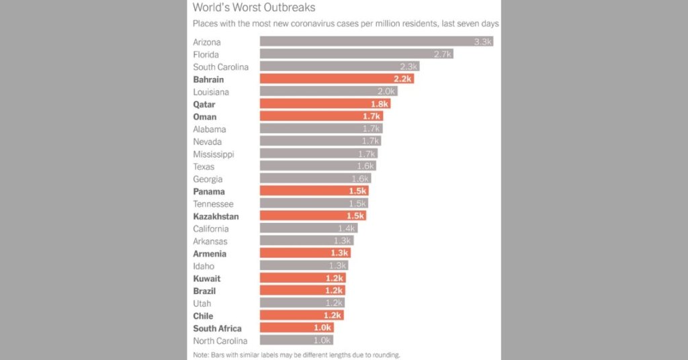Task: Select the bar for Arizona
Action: (x=376, y=42)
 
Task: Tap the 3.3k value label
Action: (x=483, y=42)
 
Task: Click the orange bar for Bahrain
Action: (x=336, y=79)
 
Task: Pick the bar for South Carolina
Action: (x=339, y=66)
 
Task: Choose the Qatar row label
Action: (x=204, y=105)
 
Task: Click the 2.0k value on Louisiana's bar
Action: (x=386, y=92)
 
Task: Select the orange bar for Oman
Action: (x=321, y=117)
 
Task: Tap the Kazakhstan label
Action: (x=216, y=216)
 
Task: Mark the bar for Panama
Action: (x=314, y=191)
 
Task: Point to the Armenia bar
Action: (x=305, y=254)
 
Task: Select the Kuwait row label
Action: (x=206, y=279)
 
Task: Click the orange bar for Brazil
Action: (x=302, y=291)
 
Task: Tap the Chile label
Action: (x=203, y=316)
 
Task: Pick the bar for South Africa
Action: (x=296, y=328)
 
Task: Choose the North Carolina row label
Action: (x=220, y=341)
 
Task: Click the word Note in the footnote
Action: (x=201, y=355)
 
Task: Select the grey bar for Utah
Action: (x=302, y=304)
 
